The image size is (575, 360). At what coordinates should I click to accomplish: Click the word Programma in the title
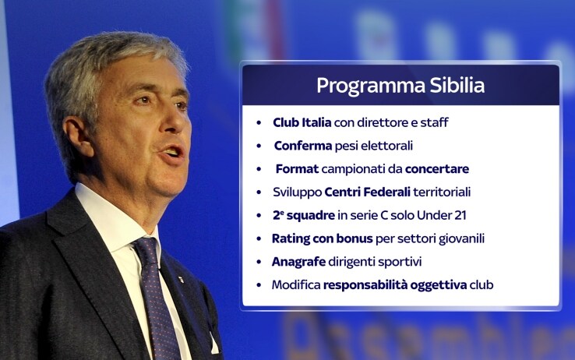pos(371,86)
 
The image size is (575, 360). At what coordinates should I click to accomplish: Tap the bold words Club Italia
pos(302,122)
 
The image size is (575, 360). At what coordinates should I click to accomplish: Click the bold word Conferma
pos(303,146)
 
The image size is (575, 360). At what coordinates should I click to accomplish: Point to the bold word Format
pos(297,168)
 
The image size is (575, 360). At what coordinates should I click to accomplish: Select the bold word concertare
pos(437,168)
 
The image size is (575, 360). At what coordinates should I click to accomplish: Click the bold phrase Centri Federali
pos(368,192)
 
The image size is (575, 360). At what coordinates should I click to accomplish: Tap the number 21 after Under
pos(460,215)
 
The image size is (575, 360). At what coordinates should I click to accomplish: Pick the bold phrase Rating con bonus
pos(322,238)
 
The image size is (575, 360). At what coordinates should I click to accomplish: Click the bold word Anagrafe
pos(298,262)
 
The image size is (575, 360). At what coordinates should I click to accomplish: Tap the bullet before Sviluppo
pos(259,192)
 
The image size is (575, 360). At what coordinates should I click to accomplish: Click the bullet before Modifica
pos(259,285)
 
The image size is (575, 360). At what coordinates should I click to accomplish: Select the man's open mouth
pos(172,152)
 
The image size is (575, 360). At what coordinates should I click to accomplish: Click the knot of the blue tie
pos(145,251)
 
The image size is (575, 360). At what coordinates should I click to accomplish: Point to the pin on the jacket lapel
pos(181,279)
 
